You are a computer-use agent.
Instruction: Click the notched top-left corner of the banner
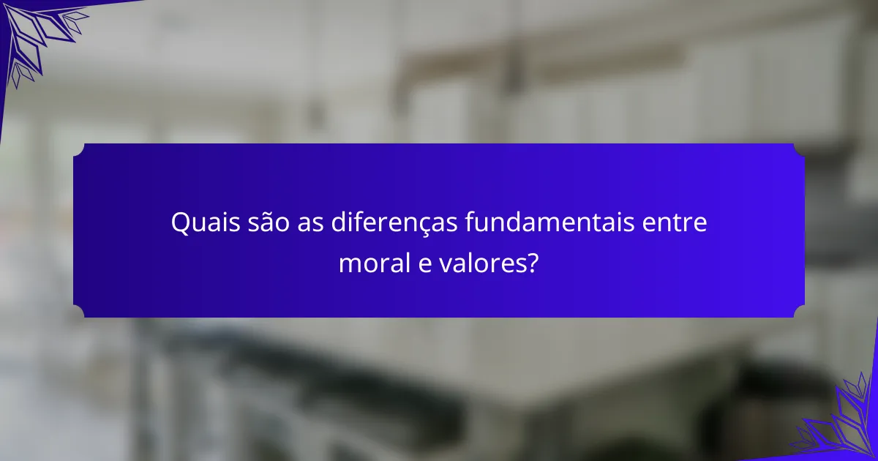pos(78,149)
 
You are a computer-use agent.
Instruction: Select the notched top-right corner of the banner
pos(799,149)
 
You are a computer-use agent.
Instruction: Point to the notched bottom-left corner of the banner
pos(78,312)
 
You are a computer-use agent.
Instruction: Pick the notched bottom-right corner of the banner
pos(799,312)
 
